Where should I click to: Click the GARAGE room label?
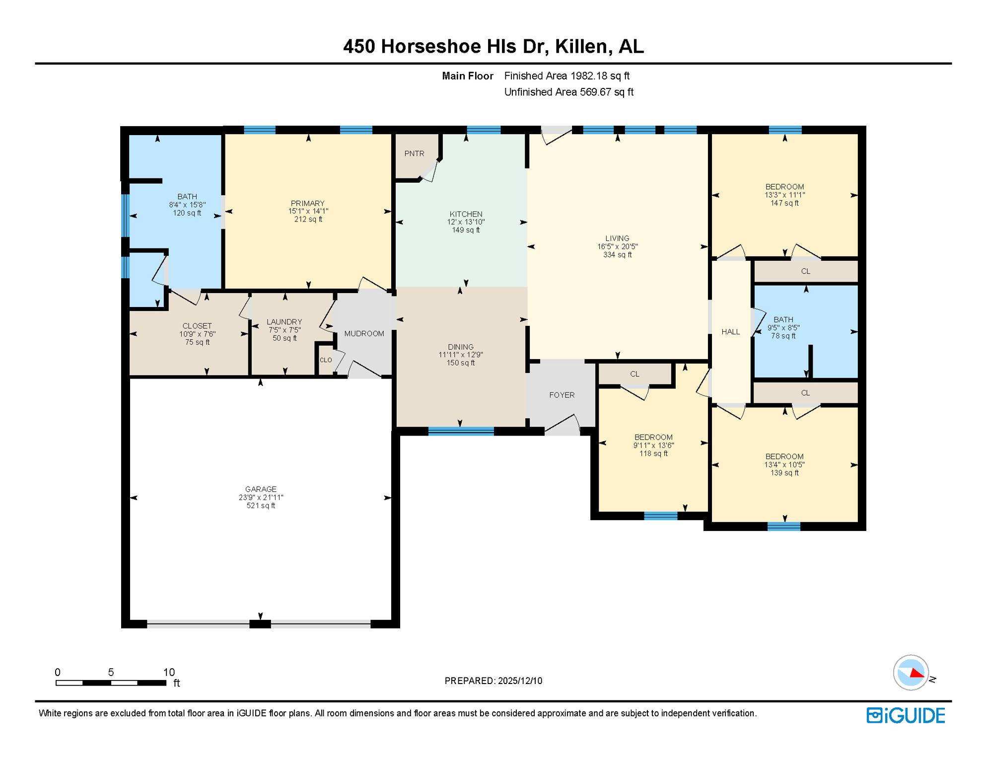click(261, 489)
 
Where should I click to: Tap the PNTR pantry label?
click(414, 153)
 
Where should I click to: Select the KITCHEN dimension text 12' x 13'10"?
click(466, 222)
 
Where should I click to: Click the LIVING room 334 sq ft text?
click(617, 255)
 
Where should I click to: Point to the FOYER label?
click(562, 395)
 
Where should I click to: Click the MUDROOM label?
click(364, 334)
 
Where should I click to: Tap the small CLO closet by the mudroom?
click(326, 360)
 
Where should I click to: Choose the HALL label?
click(730, 332)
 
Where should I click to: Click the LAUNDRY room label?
click(284, 322)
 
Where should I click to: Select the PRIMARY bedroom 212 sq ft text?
click(308, 220)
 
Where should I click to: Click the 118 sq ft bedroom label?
click(653, 454)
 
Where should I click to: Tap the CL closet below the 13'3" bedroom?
click(805, 271)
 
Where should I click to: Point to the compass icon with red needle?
click(911, 673)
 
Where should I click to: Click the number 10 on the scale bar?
click(169, 672)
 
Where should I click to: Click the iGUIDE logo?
click(906, 715)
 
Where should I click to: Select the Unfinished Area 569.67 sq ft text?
click(568, 92)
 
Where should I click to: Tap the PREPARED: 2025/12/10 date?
click(493, 681)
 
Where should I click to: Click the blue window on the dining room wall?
click(461, 431)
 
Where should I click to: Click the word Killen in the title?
click(581, 46)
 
